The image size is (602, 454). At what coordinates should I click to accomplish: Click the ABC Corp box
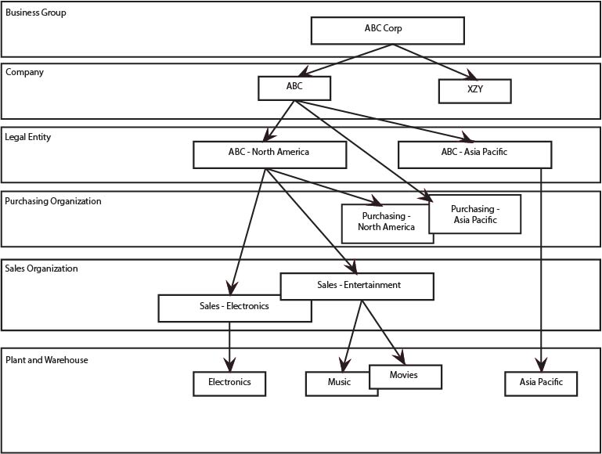(x=388, y=30)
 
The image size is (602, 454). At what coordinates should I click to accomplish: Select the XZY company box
(x=474, y=91)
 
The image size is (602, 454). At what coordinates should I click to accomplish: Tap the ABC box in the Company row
(x=294, y=88)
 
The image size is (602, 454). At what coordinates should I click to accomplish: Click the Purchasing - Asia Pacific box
(x=475, y=214)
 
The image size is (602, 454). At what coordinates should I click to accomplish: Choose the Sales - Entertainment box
(x=358, y=286)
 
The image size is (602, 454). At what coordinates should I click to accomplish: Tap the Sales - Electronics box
(x=234, y=308)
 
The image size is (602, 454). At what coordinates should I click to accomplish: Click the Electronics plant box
(x=229, y=383)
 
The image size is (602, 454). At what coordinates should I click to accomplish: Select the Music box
(x=338, y=384)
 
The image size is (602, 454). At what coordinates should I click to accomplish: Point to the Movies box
(x=405, y=376)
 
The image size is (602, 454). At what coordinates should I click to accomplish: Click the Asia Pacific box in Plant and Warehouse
(x=541, y=384)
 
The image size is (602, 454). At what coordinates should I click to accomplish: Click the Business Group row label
(x=36, y=13)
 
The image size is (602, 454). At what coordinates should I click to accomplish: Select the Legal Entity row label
(x=28, y=137)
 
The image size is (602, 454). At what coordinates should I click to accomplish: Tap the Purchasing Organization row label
(x=53, y=201)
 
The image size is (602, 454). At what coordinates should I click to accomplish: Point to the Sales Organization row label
(x=41, y=268)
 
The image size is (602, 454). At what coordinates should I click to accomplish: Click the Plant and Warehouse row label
(x=47, y=360)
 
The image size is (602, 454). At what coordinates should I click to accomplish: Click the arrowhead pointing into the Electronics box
(x=229, y=365)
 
